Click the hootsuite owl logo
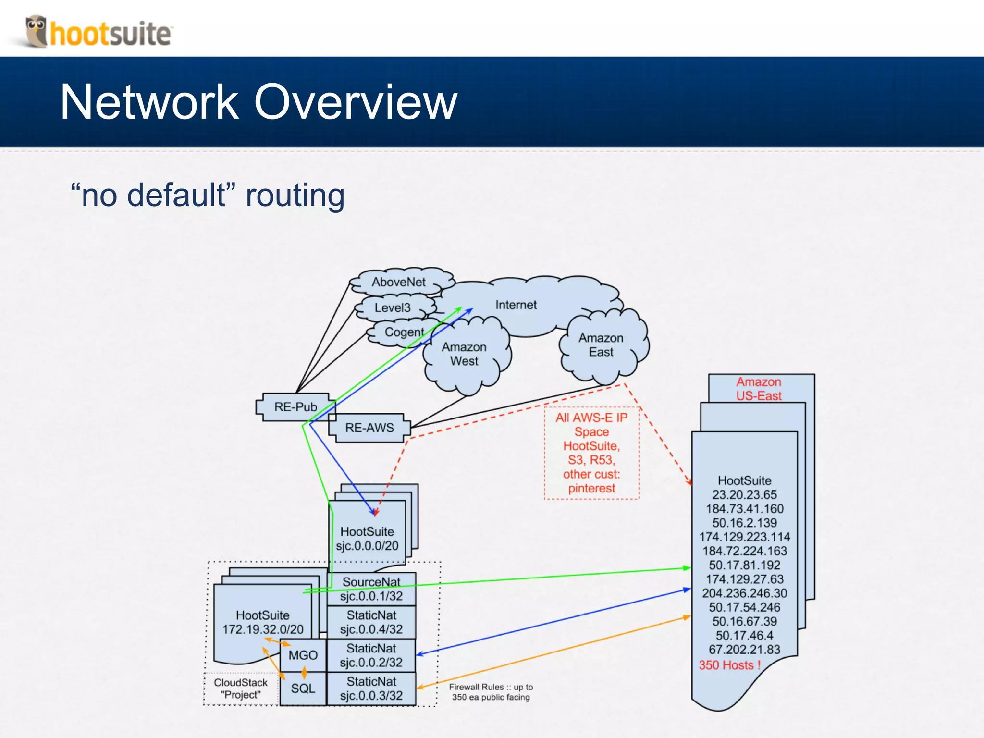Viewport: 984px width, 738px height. (37, 31)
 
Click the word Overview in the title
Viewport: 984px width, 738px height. (356, 102)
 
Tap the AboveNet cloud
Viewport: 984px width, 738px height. (398, 282)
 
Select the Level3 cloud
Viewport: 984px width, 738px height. (393, 308)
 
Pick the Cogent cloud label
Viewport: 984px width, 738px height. (404, 332)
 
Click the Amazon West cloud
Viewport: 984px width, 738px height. (464, 354)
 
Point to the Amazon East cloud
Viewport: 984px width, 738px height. (601, 345)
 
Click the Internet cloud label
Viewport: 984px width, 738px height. (516, 305)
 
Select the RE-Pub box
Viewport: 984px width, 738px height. (295, 407)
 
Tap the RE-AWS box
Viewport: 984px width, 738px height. (369, 428)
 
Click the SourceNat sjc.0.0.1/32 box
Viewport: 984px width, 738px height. (371, 589)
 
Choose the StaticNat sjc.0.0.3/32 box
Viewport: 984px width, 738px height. (371, 689)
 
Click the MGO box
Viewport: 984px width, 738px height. (303, 655)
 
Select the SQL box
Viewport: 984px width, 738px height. (303, 689)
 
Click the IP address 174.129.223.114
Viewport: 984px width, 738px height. (744, 537)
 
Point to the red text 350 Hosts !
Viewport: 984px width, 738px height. (729, 665)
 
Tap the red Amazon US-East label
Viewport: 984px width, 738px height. (759, 389)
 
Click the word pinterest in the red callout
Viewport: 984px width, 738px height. (591, 488)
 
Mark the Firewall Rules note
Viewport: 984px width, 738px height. (491, 692)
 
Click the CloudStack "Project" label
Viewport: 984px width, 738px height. (240, 689)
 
